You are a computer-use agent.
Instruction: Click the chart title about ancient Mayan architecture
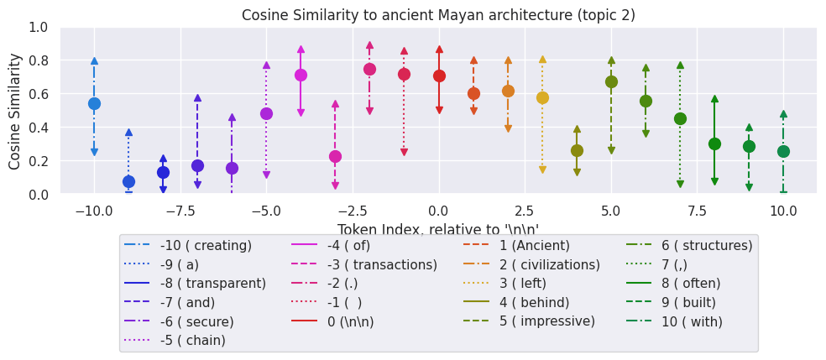tap(438, 15)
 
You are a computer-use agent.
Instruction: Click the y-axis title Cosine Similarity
tap(15, 110)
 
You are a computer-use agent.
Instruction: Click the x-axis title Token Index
tap(438, 230)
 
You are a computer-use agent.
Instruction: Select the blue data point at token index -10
tap(94, 103)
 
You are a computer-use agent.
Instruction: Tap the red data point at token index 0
tap(439, 76)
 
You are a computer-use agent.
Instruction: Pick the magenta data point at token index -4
tap(301, 75)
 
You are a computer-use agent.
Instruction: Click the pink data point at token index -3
tap(335, 156)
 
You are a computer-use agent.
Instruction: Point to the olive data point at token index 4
tap(577, 150)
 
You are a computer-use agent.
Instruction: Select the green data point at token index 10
tap(783, 151)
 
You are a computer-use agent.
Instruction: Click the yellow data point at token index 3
tap(542, 97)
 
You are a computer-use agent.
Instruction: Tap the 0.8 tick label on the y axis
tap(39, 60)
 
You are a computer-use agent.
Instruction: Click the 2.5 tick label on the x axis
tap(525, 210)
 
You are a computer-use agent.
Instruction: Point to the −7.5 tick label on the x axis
tap(180, 210)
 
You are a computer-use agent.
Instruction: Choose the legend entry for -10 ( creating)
tap(206, 246)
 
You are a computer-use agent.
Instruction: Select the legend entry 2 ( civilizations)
tap(550, 264)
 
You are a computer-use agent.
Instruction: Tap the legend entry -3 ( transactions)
tap(382, 264)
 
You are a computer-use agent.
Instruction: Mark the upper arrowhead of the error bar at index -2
tap(369, 45)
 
